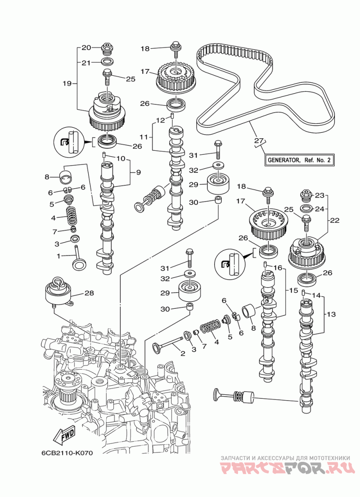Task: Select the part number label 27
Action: (x=257, y=140)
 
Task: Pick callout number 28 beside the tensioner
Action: (x=89, y=293)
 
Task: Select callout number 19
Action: (x=67, y=83)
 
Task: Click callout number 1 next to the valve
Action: (x=58, y=256)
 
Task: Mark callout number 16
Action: (x=278, y=267)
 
